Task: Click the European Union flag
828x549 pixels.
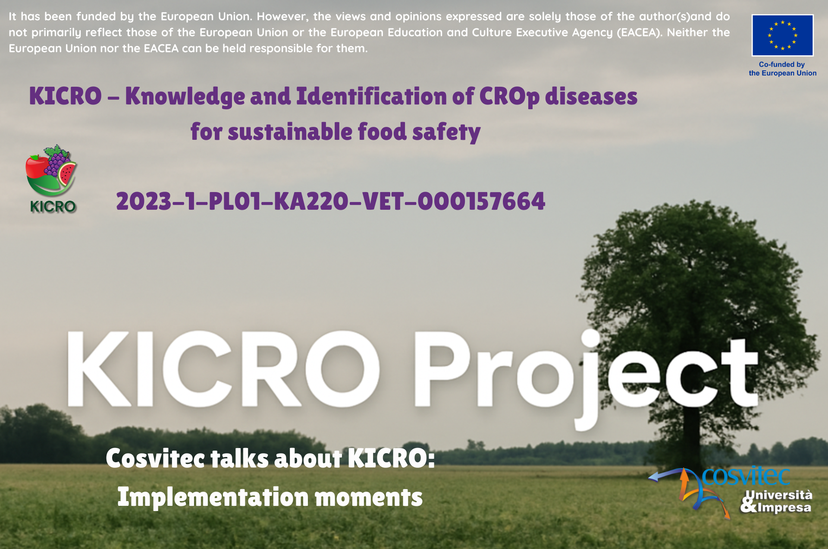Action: [x=783, y=35]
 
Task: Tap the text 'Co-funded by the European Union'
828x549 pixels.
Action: [x=782, y=69]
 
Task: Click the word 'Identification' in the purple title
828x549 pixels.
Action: [x=371, y=96]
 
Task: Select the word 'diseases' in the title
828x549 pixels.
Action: [x=591, y=96]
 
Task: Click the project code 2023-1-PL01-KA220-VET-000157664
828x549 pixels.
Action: [x=331, y=202]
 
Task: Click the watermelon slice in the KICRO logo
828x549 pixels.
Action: [x=67, y=174]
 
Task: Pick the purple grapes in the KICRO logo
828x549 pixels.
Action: [x=56, y=160]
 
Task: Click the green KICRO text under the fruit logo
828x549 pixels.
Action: [x=53, y=207]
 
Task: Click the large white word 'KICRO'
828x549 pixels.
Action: [x=223, y=369]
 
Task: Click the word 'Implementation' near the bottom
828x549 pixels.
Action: [x=213, y=497]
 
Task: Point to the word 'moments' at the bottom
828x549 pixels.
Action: [x=369, y=498]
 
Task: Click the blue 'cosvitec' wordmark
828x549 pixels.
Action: [x=746, y=476]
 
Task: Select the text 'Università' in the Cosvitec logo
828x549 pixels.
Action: [x=779, y=495]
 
